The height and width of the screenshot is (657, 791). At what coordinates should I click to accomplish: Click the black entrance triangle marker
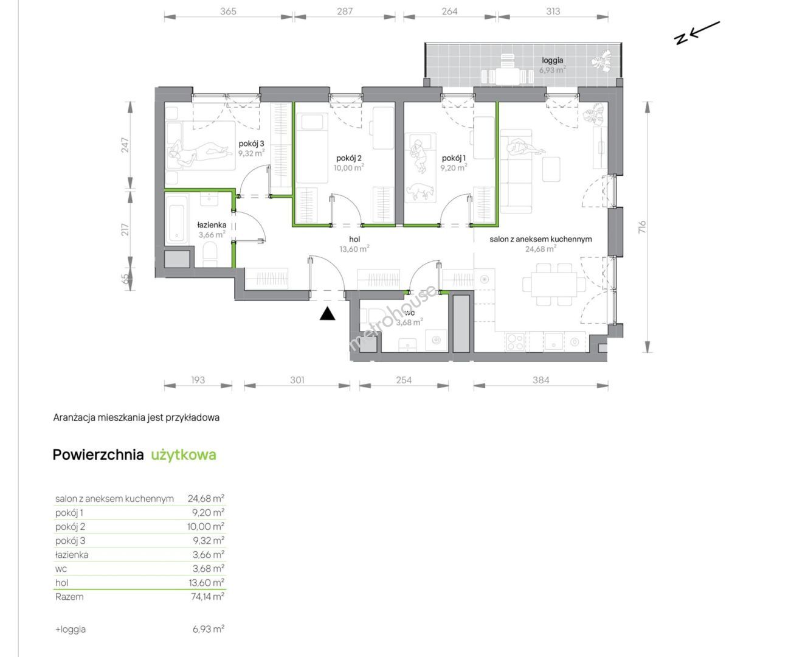[x=327, y=314]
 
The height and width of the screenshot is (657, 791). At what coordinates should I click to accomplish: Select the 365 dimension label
[x=228, y=12]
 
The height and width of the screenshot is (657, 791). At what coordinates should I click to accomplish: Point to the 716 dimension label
[x=642, y=227]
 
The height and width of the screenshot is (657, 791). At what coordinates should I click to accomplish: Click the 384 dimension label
[x=541, y=380]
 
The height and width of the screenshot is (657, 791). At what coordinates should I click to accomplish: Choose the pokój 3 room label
[x=251, y=144]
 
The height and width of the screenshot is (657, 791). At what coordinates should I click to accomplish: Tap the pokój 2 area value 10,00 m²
[x=348, y=167]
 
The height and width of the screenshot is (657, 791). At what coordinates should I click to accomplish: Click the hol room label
[x=354, y=239]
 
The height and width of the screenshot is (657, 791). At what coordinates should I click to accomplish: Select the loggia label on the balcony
[x=552, y=60]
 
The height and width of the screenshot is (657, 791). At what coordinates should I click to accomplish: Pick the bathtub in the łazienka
[x=176, y=219]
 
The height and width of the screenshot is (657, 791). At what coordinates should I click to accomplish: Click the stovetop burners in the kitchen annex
[x=515, y=341]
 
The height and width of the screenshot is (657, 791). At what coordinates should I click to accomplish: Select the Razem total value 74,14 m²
[x=207, y=596]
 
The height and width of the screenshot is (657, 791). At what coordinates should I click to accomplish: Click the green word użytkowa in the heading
[x=184, y=454]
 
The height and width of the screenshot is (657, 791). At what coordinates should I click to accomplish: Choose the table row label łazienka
[x=72, y=555]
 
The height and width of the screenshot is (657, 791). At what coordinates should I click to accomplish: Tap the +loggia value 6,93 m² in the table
[x=209, y=629]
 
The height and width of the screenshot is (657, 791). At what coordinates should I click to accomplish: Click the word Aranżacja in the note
[x=74, y=417]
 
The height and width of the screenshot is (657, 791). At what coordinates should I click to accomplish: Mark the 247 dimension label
[x=125, y=145]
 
